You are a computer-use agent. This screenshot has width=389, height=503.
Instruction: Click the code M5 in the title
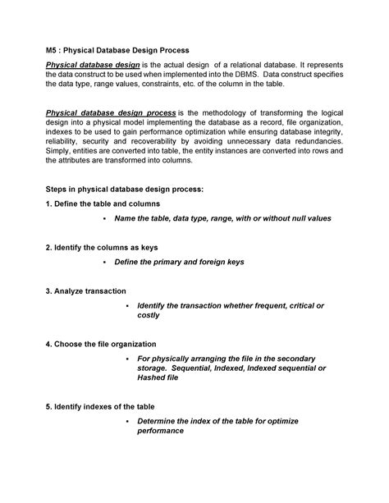[52, 48]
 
